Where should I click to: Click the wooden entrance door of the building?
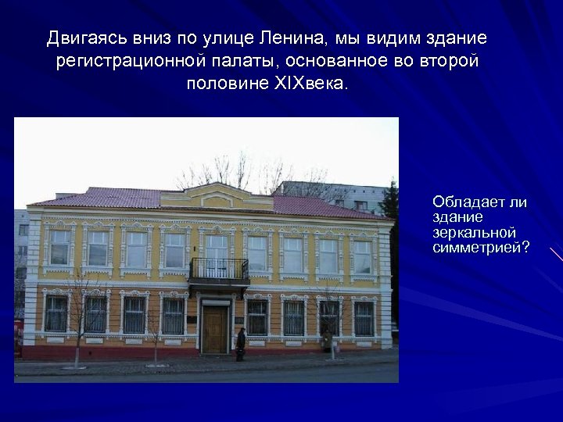[x=214, y=328]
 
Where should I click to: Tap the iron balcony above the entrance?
[x=219, y=270]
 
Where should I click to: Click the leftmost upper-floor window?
[x=59, y=247]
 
